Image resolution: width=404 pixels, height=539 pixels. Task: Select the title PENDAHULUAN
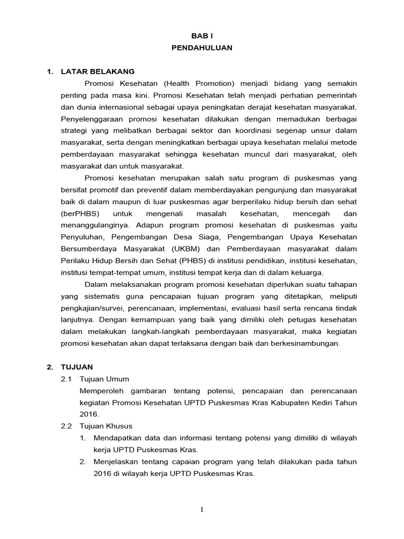[201, 47]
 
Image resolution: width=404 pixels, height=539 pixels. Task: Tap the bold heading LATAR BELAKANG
[98, 71]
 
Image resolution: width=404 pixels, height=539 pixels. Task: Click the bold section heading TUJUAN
[77, 367]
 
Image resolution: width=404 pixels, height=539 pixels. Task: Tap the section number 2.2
[67, 426]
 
